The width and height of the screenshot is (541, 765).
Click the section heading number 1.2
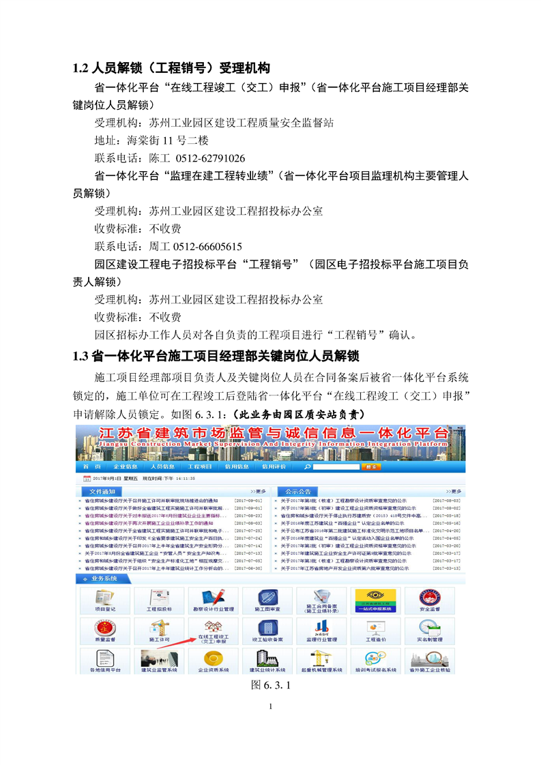[x=81, y=68]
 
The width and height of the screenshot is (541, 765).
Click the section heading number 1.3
[x=81, y=356]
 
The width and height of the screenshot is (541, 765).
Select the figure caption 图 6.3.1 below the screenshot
[x=271, y=685]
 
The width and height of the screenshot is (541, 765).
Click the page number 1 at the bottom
[x=271, y=706]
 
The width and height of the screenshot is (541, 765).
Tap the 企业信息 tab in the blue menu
[x=125, y=466]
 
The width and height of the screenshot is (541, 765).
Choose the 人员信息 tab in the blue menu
[x=162, y=466]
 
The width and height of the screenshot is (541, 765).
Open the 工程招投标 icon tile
[x=159, y=602]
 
